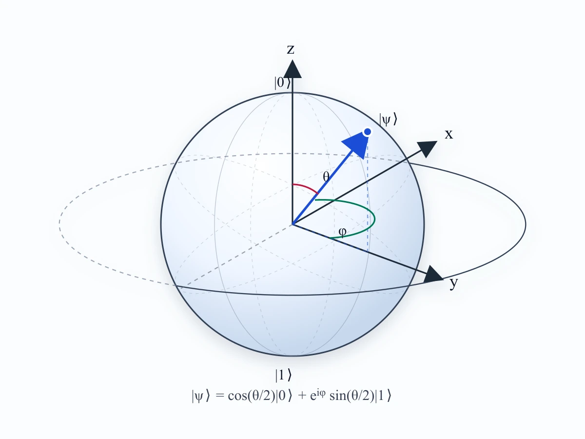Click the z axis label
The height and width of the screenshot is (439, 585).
click(x=291, y=50)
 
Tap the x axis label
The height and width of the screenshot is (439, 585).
click(x=449, y=134)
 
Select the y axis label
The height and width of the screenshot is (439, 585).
click(x=453, y=283)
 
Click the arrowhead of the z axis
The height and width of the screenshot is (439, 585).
click(x=292, y=69)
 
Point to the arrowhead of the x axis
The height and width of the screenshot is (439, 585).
click(x=427, y=149)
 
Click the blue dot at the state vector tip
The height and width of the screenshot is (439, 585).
click(x=368, y=132)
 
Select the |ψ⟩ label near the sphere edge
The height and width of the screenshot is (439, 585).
click(x=388, y=120)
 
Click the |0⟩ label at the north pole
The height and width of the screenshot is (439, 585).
click(x=282, y=82)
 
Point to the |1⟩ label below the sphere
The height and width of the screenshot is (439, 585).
click(x=284, y=375)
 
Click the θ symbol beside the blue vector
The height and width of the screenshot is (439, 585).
click(x=326, y=177)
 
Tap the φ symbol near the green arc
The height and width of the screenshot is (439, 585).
click(x=343, y=233)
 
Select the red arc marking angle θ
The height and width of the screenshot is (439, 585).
click(x=307, y=187)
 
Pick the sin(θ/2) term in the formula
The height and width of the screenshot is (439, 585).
click(x=352, y=396)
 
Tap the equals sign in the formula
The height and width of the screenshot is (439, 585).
click(x=219, y=396)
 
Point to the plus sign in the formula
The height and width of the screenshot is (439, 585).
click(x=302, y=396)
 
